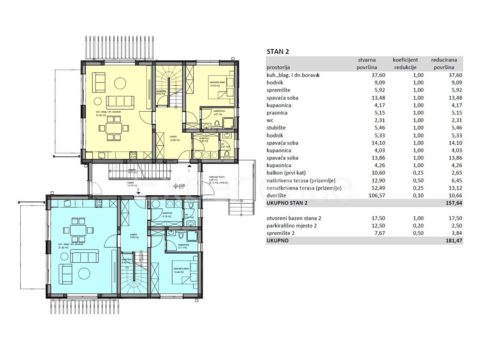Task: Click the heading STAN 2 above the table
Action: click(x=278, y=52)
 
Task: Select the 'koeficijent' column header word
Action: click(x=405, y=60)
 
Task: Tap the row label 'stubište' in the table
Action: click(x=276, y=128)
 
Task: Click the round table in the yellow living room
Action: click(x=120, y=83)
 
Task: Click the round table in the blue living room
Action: click(x=84, y=273)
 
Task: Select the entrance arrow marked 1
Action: click(x=189, y=165)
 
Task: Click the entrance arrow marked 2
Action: click(x=138, y=193)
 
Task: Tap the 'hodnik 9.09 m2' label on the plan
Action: click(x=132, y=236)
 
